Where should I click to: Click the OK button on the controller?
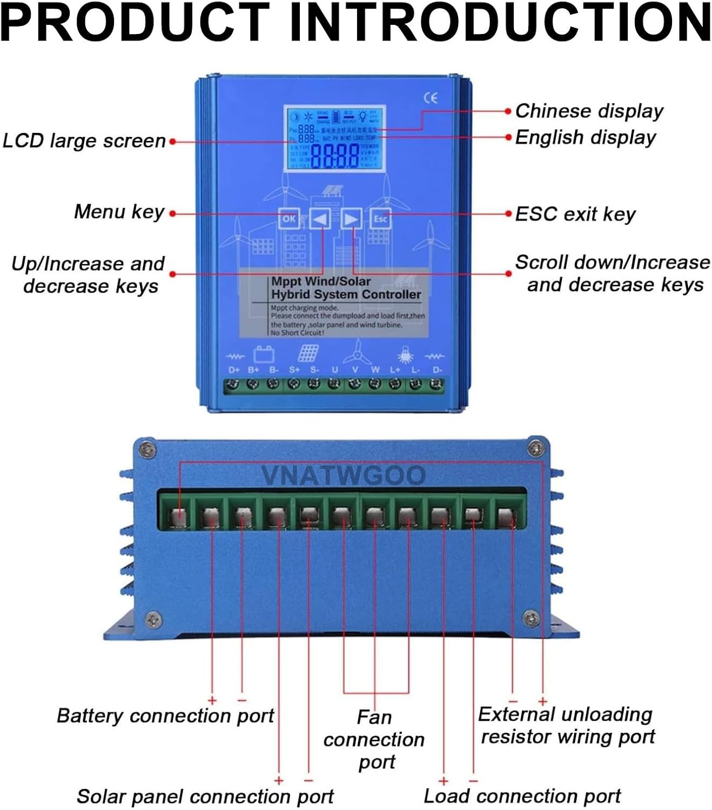click(289, 219)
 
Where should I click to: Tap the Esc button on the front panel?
click(380, 219)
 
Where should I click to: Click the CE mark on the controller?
click(431, 98)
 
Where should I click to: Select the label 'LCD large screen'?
click(84, 141)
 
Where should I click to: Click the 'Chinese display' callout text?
click(589, 111)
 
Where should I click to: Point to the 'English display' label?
click(585, 137)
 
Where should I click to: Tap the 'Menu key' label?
click(119, 212)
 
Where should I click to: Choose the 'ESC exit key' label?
click(575, 214)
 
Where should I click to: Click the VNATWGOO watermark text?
click(344, 475)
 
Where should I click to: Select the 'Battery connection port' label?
click(165, 715)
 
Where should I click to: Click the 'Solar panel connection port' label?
click(205, 796)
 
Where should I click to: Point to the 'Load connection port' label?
click(522, 796)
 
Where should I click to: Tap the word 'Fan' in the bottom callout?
click(374, 718)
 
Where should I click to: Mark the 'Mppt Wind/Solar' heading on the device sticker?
click(321, 281)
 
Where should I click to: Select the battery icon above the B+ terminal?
click(264, 354)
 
